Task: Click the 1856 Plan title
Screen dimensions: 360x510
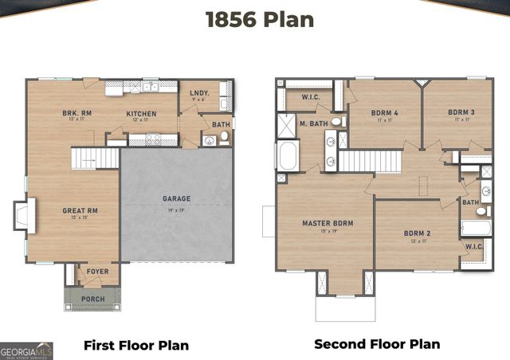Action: pos(259,20)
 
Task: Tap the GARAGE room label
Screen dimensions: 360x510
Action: pos(176,198)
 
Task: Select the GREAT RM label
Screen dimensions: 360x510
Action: pos(80,210)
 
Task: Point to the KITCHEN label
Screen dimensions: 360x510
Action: pos(141,114)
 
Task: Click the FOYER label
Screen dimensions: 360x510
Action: pos(98,272)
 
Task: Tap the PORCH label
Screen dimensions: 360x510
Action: pos(93,299)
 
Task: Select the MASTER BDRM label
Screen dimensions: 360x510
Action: pos(328,222)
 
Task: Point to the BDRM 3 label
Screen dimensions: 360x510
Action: pos(461,113)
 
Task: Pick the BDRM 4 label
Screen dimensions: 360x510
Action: pos(384,113)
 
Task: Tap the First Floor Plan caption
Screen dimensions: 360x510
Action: pos(136,345)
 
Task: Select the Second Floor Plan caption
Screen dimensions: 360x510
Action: pos(377,344)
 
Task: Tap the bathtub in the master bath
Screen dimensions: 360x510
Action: pos(287,155)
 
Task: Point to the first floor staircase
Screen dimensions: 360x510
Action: pos(95,158)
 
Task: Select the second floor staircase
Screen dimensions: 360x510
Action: pos(369,160)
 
